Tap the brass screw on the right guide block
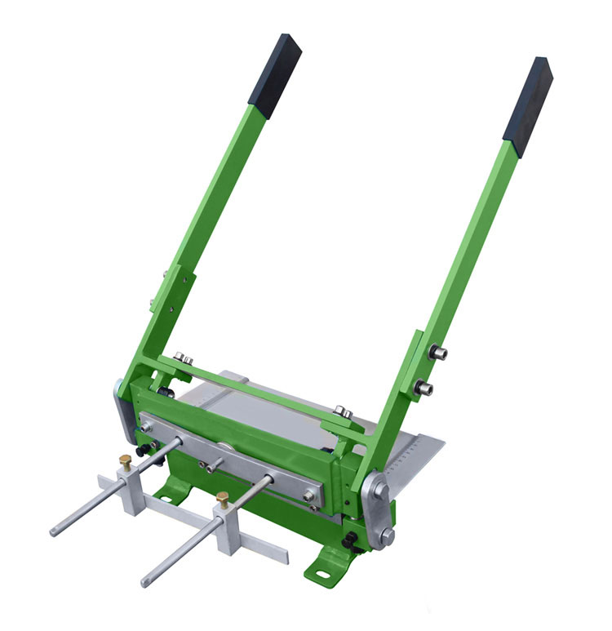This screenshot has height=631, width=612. point(222,496)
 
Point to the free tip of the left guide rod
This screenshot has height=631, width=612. point(54,532)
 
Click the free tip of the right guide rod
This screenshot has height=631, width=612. point(144,583)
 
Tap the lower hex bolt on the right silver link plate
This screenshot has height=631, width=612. point(386,535)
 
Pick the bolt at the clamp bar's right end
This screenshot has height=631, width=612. point(309,495)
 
